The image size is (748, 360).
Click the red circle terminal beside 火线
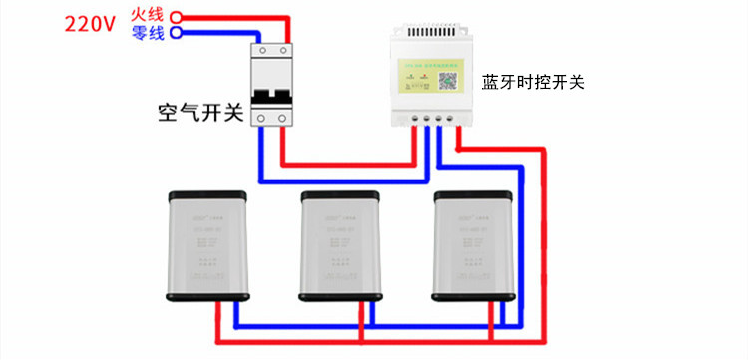pos(177,16)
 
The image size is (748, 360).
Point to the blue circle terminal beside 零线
pos(177,32)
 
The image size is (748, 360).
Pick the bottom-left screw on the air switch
pos(262,118)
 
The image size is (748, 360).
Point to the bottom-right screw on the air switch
pos(283,118)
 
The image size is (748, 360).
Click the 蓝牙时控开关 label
pos(533,82)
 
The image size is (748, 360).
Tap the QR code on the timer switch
pos(447,81)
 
